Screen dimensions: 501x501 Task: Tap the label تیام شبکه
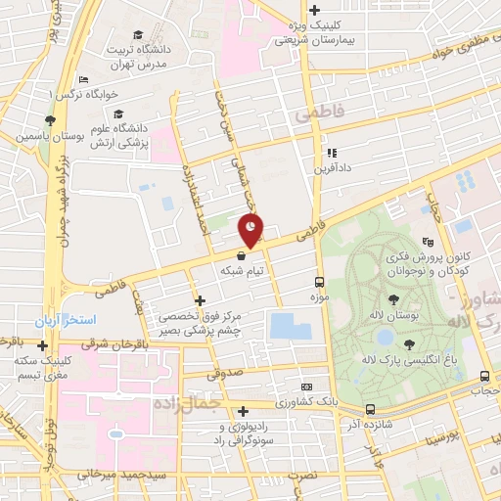[x=244, y=270]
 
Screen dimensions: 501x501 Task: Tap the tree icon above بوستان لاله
[x=393, y=300]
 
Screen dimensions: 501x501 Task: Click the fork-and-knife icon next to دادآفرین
[x=332, y=153]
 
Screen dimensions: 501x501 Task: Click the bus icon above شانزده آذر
[x=370, y=409]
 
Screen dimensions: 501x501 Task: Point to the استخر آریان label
[x=95, y=321]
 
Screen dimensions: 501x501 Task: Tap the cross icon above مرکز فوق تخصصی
[x=200, y=300]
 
